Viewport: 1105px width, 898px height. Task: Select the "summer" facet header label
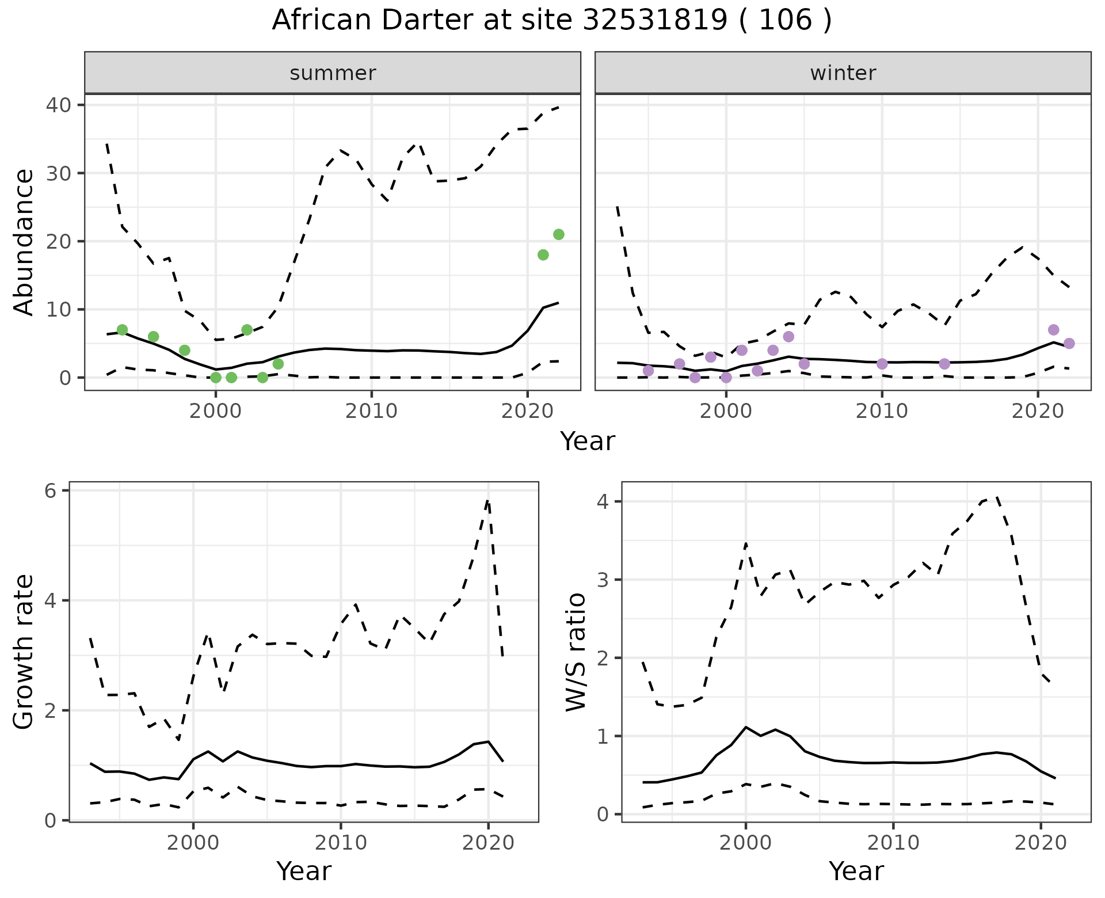point(333,73)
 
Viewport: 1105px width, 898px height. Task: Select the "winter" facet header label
point(843,73)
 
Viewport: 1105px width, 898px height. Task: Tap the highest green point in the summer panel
point(558,234)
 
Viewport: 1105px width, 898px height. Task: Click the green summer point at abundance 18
point(543,255)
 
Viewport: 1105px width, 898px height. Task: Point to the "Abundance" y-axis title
point(24,242)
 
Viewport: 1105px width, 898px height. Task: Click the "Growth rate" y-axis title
point(24,652)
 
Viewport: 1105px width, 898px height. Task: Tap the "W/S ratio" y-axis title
point(576,652)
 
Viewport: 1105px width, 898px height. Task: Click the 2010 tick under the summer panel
point(371,411)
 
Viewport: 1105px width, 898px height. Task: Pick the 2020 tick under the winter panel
point(1038,411)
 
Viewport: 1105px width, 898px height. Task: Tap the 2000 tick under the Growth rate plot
point(193,843)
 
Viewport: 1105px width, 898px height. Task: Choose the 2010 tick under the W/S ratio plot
point(893,843)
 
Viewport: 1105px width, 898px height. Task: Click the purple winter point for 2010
point(882,364)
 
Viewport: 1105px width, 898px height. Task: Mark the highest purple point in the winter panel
point(1053,330)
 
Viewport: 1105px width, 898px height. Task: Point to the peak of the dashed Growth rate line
point(488,501)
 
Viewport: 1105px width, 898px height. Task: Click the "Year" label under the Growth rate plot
point(304,872)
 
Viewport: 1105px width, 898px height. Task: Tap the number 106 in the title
point(785,21)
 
